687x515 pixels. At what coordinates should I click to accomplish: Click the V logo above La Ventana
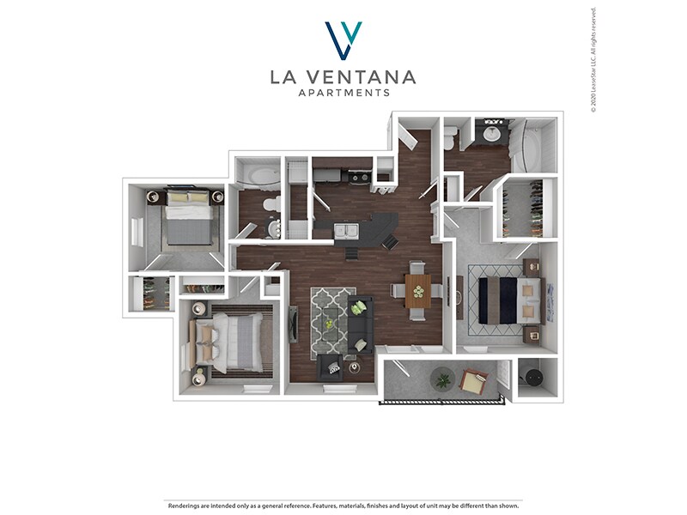tap(343, 39)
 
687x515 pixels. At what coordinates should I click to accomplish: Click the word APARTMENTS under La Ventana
tap(343, 93)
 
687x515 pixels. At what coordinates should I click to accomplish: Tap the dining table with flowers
tap(418, 290)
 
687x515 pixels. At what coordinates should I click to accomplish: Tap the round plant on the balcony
tap(443, 379)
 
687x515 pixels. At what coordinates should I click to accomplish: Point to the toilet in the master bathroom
tap(451, 136)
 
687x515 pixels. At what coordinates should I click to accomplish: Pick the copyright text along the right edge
tap(593, 60)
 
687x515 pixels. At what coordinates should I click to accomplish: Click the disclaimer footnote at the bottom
tap(343, 506)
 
